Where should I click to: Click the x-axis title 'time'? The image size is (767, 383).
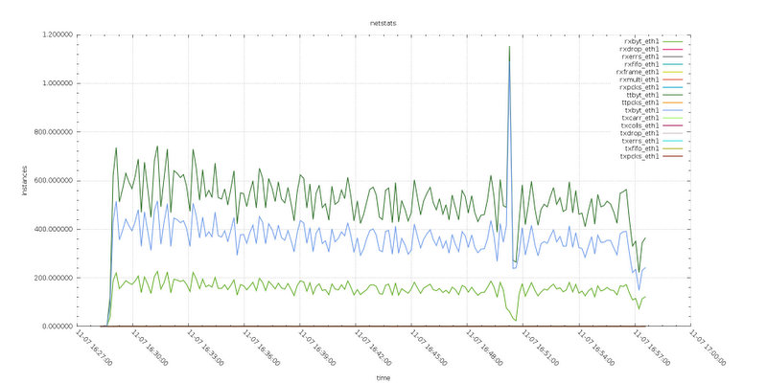click(x=383, y=377)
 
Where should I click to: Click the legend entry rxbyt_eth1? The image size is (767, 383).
click(x=640, y=41)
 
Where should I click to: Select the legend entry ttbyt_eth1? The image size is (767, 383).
click(x=640, y=95)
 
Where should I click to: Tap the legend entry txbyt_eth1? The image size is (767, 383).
click(x=640, y=110)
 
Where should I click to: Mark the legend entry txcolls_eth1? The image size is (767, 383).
click(x=639, y=125)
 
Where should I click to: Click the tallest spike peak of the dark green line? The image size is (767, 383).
click(x=509, y=47)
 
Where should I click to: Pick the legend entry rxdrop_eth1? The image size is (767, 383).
click(x=639, y=49)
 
